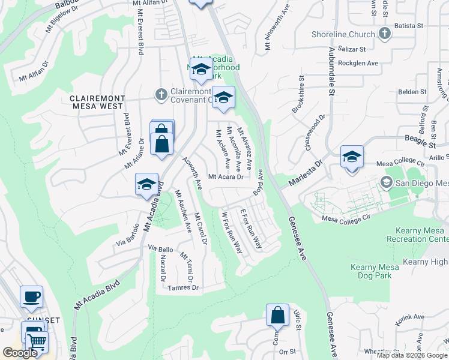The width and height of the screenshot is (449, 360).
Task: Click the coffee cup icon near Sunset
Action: [31, 296]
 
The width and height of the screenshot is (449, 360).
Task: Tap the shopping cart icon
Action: [37, 341]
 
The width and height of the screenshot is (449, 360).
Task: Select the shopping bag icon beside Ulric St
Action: [277, 314]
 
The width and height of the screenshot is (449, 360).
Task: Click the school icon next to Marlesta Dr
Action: [352, 157]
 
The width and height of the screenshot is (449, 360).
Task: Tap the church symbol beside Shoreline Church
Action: [384, 34]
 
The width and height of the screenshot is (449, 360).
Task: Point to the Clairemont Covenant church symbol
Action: [160, 94]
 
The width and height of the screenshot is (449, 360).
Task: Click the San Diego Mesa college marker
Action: [387, 182]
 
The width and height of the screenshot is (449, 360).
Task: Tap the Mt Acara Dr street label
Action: [226, 177]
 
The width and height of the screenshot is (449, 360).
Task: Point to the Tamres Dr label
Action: [184, 287]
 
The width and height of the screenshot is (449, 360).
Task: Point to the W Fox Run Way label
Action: [232, 233]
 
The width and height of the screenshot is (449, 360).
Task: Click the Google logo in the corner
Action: [20, 352]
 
